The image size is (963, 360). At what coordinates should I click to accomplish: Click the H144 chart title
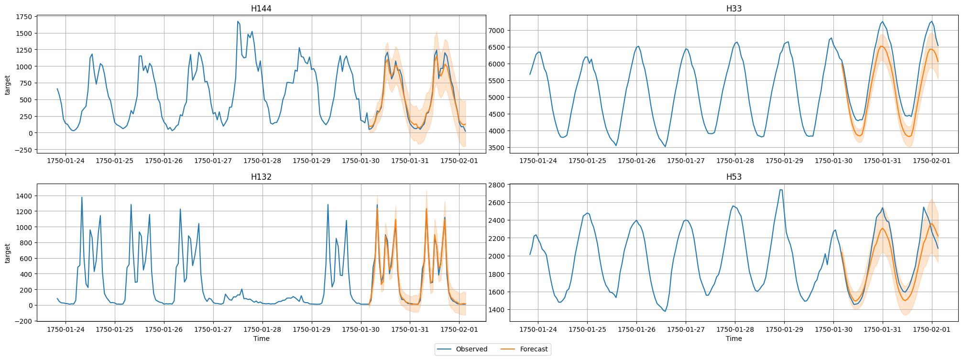click(x=261, y=9)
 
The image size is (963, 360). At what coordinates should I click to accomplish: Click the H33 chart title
click(x=733, y=9)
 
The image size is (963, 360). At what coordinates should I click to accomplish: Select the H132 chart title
click(x=261, y=177)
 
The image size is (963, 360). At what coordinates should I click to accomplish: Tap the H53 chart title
click(x=733, y=177)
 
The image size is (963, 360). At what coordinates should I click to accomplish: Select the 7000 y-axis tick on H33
click(x=496, y=31)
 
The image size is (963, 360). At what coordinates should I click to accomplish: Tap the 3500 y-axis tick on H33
click(x=496, y=148)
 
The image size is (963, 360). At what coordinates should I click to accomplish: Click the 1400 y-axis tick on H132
click(x=23, y=196)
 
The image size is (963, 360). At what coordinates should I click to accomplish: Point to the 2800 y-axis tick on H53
click(x=496, y=185)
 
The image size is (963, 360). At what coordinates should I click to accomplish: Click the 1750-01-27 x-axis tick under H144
click(x=213, y=161)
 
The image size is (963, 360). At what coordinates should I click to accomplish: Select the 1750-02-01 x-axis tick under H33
click(x=931, y=161)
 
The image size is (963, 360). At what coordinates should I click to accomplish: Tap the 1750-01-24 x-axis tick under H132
click(x=66, y=329)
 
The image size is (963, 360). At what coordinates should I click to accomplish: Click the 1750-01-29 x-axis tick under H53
click(x=784, y=329)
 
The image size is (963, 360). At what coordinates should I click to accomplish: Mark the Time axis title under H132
click(x=261, y=338)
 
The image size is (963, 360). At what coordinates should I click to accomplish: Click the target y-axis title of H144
click(x=7, y=85)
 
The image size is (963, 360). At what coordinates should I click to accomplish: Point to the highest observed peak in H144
click(x=238, y=22)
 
